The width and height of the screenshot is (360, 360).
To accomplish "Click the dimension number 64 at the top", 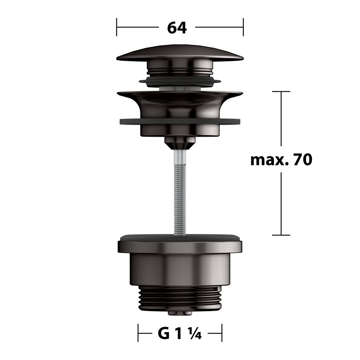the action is (177, 28).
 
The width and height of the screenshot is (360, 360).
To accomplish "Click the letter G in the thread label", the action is (164, 334).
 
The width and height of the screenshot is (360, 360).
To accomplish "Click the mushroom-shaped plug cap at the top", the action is (180, 53).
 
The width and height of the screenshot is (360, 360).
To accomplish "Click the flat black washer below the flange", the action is (180, 121).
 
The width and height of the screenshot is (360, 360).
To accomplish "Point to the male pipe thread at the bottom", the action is (180, 299).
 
